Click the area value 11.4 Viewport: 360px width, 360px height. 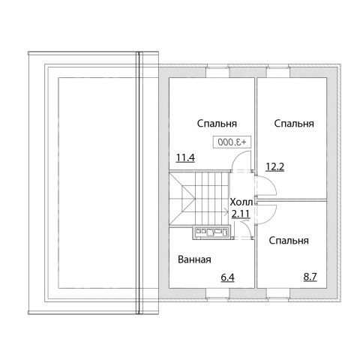(x=185, y=157)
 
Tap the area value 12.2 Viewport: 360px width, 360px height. (x=274, y=166)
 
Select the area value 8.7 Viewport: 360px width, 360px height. (x=310, y=277)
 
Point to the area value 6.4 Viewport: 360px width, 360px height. (x=227, y=277)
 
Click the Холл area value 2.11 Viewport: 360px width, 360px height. (x=241, y=214)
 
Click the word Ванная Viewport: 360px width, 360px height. (x=194, y=259)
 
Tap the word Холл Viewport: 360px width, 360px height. (x=241, y=202)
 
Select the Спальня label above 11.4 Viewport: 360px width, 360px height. (x=217, y=124)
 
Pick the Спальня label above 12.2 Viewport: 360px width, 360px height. (x=294, y=124)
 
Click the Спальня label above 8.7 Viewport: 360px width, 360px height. (x=289, y=241)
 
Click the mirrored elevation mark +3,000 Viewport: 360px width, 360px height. (x=232, y=142)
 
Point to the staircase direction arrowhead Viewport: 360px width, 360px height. (x=226, y=212)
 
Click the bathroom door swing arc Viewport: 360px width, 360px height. (x=247, y=226)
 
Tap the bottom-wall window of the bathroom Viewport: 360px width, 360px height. (x=217, y=294)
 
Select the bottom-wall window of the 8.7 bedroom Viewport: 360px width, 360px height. (x=278, y=294)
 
